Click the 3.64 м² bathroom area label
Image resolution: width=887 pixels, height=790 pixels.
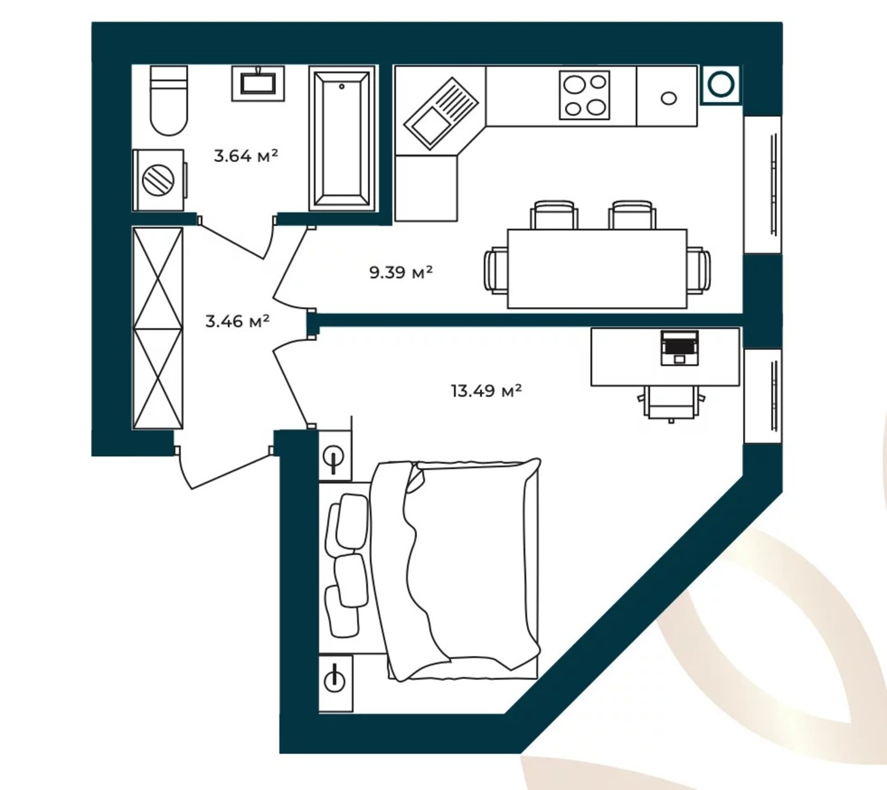246,156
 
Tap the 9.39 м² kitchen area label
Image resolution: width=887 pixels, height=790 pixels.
401,272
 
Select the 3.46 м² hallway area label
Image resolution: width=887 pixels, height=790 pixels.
237,321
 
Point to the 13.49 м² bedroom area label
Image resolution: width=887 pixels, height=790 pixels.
486,391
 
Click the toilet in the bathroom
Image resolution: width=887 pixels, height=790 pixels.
169,100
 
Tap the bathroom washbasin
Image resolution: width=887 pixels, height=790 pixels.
258,84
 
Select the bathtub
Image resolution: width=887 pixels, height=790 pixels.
342,139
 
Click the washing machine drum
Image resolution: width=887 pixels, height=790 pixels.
159,180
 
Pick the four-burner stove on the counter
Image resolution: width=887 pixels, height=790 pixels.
584,95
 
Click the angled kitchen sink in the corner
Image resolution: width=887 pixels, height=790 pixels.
441,114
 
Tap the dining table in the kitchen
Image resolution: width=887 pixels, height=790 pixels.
597,269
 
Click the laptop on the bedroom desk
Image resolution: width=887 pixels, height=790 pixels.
680,348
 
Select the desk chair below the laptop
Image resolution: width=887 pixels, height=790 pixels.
671,402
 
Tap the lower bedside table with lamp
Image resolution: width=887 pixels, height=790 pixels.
335,683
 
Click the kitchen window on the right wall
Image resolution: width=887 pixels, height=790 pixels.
762,185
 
